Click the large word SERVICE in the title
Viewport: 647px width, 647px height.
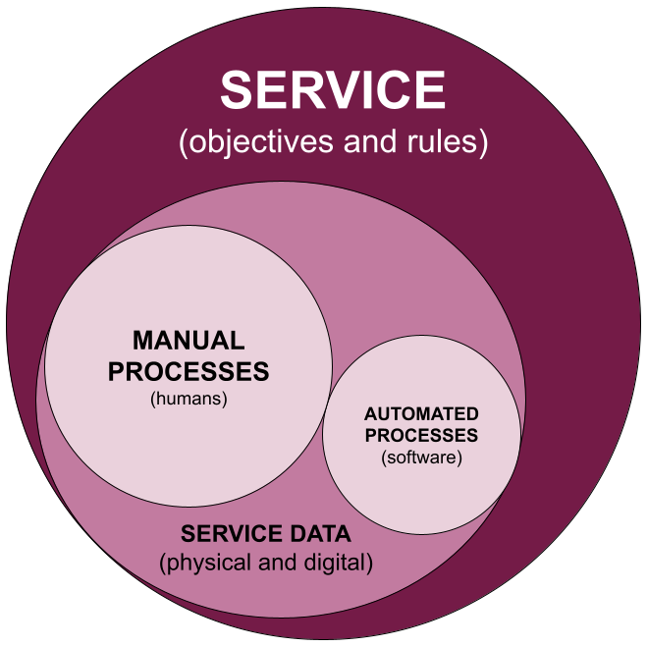click(x=333, y=90)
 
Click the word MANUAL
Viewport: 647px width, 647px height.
click(x=189, y=342)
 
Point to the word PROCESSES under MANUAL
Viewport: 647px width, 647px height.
click(x=189, y=372)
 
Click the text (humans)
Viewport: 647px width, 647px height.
click(x=189, y=399)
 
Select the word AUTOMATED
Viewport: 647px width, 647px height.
click(x=421, y=414)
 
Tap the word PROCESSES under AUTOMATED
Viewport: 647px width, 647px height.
click(x=421, y=435)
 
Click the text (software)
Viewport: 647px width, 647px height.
click(x=421, y=457)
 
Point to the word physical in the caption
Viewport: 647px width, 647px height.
click(x=201, y=564)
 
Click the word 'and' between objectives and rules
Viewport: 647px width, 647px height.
click(x=366, y=142)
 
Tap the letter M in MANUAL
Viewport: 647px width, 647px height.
click(x=142, y=342)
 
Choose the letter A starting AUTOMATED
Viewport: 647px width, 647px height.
click(x=369, y=414)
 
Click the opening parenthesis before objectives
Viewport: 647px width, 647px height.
click(x=184, y=143)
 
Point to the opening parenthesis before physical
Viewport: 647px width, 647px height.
click(x=163, y=565)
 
